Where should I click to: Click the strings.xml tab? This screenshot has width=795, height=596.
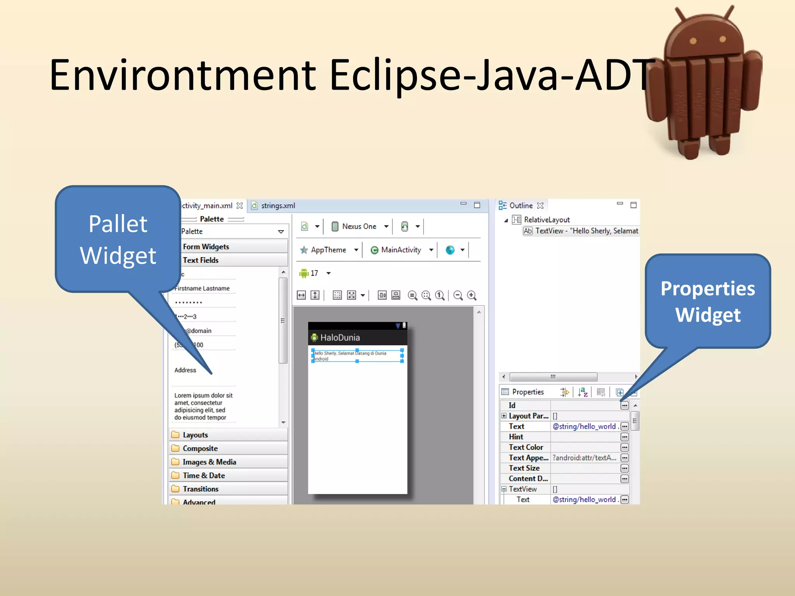point(278,206)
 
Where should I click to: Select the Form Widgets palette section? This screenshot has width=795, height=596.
point(206,247)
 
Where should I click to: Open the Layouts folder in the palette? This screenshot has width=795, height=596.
point(195,435)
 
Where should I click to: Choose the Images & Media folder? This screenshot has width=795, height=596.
point(209,462)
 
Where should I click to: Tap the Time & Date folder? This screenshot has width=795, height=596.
point(204,475)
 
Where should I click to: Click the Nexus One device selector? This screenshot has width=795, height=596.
point(359,227)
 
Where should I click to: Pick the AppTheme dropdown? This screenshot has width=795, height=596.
point(328,250)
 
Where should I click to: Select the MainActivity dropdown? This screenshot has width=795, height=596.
point(401,250)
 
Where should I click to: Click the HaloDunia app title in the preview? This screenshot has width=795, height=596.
point(340,338)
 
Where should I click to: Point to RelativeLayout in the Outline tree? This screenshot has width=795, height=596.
point(547,220)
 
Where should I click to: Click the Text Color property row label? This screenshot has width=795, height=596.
point(526,447)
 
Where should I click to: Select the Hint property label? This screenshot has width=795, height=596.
point(516,437)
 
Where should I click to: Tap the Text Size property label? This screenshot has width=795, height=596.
point(524,468)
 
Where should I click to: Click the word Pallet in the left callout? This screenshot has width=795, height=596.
point(118,224)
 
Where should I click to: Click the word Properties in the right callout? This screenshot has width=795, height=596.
point(708,289)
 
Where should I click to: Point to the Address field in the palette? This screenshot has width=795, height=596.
point(185,370)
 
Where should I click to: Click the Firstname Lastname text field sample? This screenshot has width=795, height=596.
point(202,288)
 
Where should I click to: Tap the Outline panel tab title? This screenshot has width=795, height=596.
point(521,206)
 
